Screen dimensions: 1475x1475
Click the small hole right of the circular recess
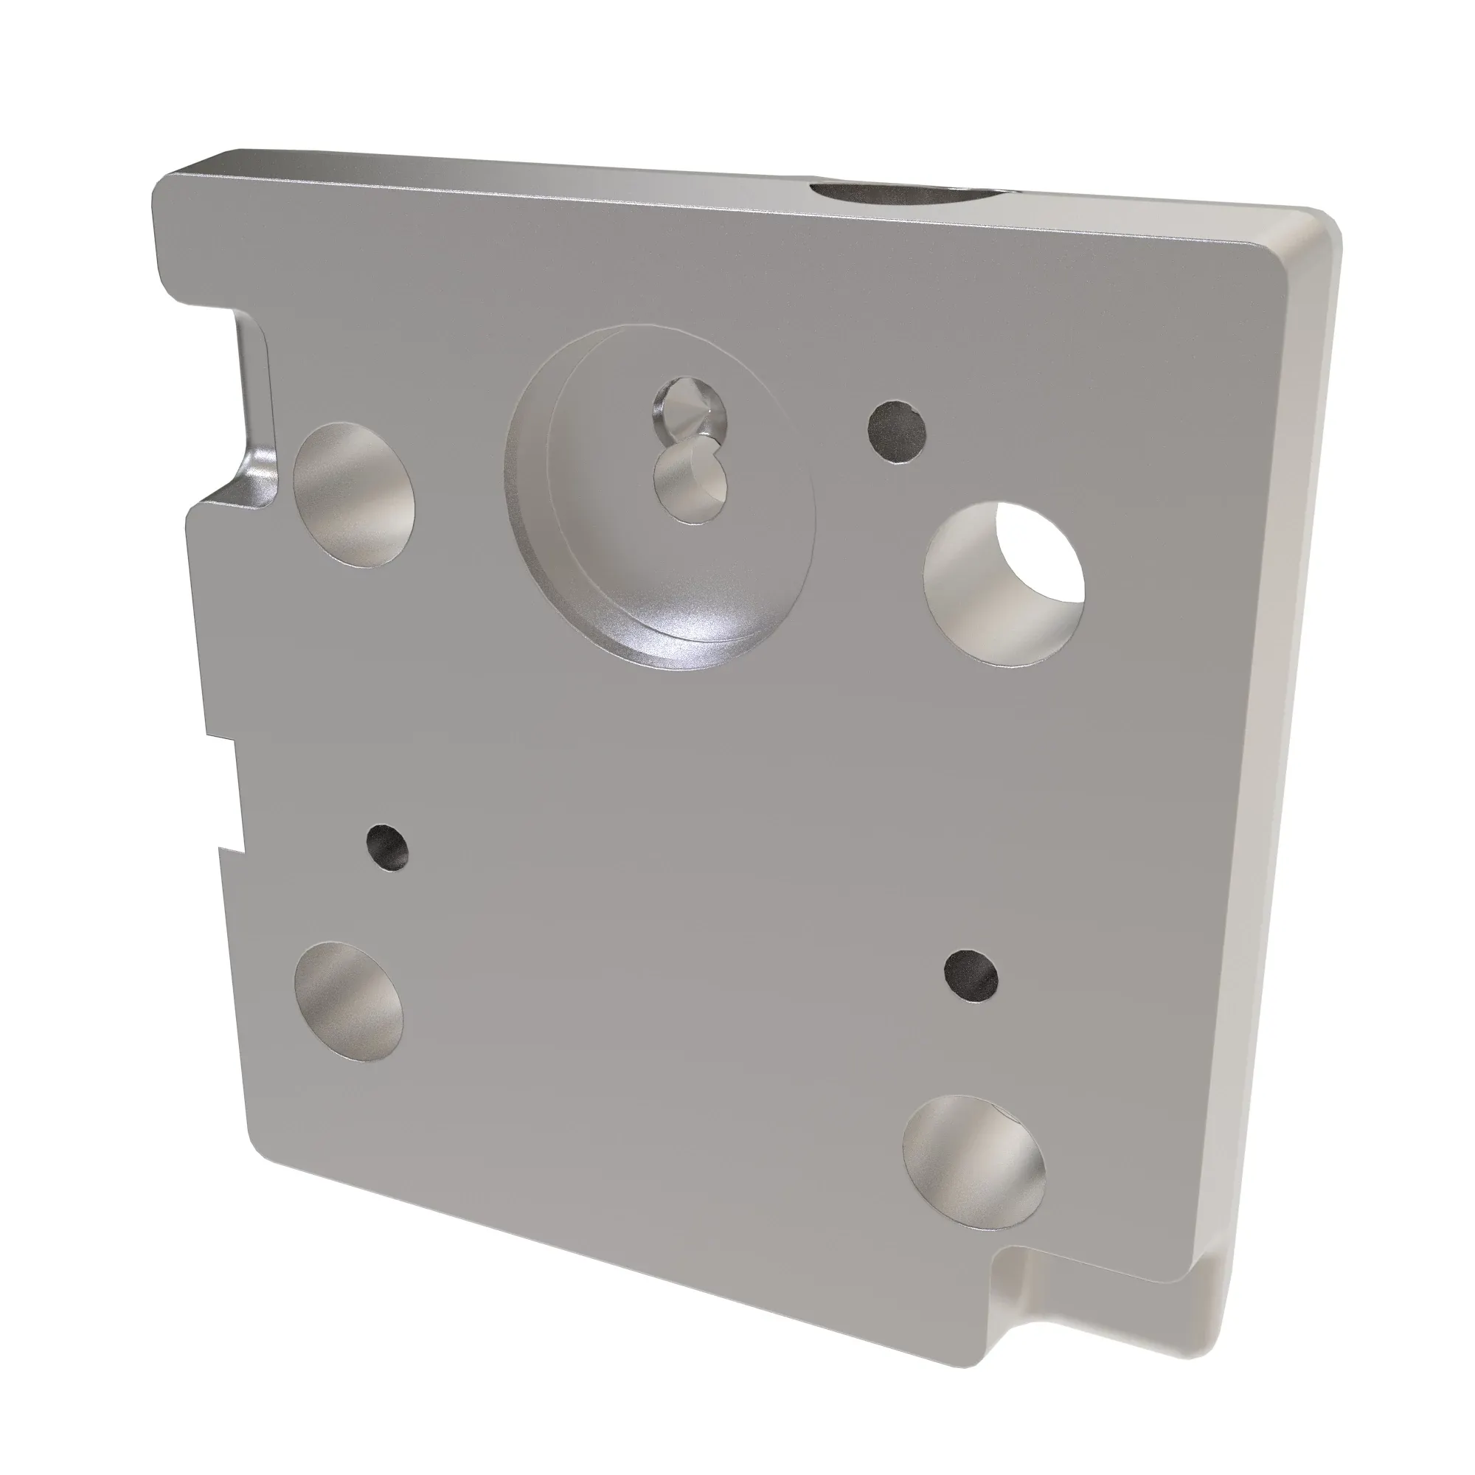pos(898,431)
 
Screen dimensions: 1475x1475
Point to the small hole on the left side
pos(387,849)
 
